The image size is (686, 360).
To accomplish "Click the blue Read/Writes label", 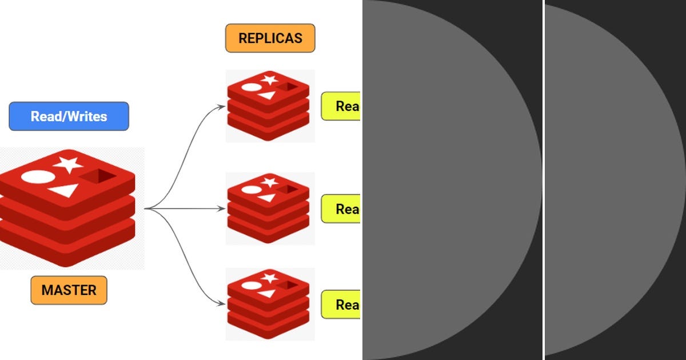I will point(69,117).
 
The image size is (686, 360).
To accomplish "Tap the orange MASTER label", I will point(69,290).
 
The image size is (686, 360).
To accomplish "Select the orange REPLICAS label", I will point(270,38).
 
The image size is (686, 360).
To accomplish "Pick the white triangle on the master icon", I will point(64,190).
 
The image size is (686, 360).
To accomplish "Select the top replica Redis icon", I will point(269,106).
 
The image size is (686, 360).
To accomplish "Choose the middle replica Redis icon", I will point(269,209).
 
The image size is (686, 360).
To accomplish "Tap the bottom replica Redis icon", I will point(269,304).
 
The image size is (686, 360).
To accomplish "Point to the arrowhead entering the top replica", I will point(222,106).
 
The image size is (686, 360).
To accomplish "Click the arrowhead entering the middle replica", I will point(222,209).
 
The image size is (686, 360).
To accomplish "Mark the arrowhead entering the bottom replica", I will point(222,303).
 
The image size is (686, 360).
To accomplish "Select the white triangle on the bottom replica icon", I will point(266,293).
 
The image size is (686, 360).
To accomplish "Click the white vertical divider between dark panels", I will point(543,180).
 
